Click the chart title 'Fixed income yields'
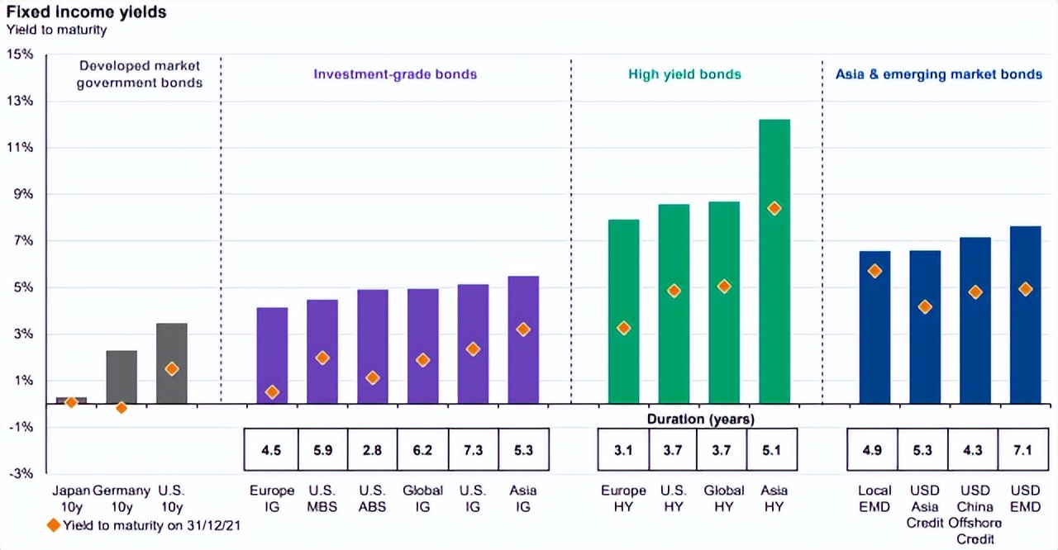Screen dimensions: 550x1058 point(87,12)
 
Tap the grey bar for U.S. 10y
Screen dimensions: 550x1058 point(172,363)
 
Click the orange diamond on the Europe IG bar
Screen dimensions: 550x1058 point(272,392)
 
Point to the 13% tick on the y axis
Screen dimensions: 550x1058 point(18,101)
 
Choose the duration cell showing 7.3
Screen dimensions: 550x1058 point(472,451)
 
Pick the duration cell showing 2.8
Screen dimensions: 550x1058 point(372,451)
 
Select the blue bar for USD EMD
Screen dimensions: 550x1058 point(1024,315)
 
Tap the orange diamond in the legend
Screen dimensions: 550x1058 point(55,526)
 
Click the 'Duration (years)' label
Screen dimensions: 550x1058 point(700,420)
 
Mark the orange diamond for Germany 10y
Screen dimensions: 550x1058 point(122,407)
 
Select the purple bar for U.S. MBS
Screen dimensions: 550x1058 point(322,351)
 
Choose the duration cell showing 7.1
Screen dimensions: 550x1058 point(1023,451)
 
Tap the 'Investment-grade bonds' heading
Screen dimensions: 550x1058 point(395,74)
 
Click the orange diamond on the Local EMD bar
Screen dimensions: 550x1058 point(875,271)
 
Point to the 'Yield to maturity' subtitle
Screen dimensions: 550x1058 point(56,31)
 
